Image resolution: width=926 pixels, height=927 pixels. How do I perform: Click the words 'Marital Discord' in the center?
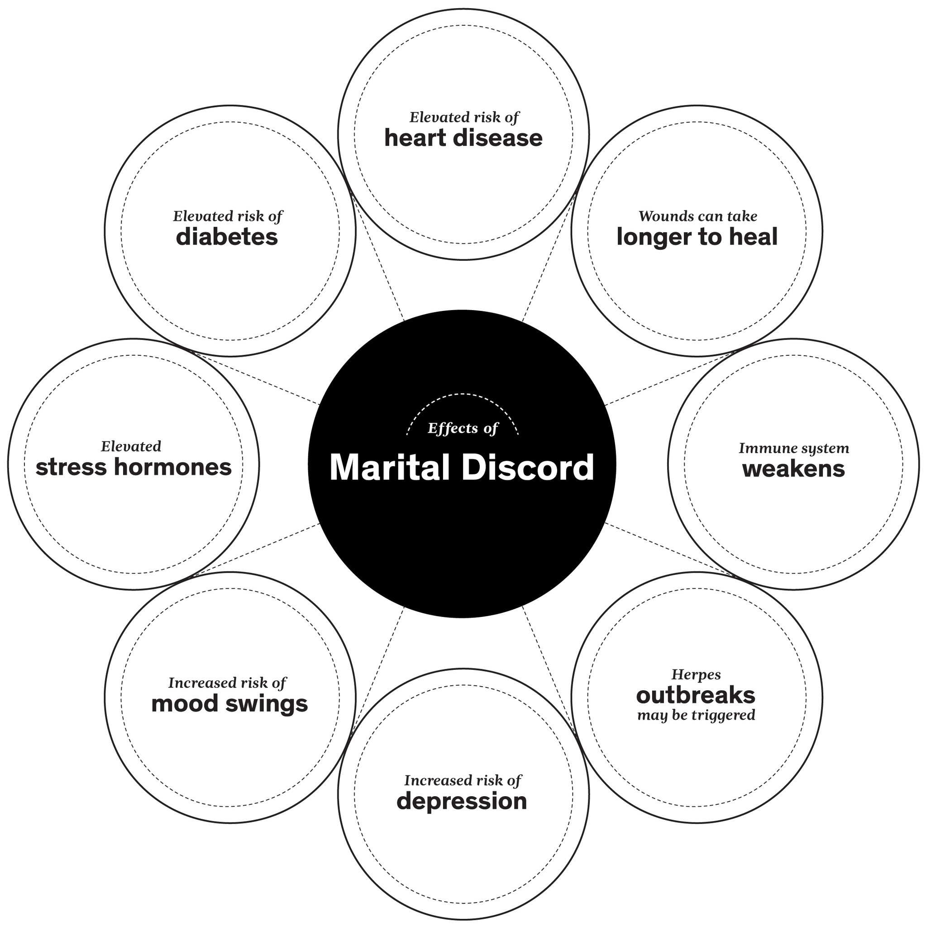[462, 468]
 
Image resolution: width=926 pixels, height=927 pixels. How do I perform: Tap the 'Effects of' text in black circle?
[463, 429]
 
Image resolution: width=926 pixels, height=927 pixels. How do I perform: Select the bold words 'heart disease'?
[463, 139]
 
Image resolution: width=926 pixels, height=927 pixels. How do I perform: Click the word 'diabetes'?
[227, 237]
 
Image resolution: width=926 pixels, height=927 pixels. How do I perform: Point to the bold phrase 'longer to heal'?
[697, 237]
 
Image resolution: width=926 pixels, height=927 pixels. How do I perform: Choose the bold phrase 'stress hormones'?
[134, 467]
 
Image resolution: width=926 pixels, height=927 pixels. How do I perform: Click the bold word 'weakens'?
[793, 469]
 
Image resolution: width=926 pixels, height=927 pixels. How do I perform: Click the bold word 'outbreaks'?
[696, 695]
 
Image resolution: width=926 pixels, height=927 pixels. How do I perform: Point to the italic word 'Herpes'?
[696, 675]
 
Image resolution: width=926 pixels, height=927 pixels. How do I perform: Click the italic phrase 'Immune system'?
[793, 449]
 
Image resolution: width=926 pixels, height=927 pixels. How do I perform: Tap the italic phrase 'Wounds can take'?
[697, 216]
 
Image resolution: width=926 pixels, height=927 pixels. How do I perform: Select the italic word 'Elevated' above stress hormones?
[131, 447]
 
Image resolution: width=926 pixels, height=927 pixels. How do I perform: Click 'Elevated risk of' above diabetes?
[228, 216]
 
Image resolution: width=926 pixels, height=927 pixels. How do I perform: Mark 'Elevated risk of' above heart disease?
[464, 118]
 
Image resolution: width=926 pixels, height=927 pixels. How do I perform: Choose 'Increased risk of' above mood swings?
[227, 683]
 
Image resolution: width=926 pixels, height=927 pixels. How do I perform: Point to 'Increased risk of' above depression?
[463, 781]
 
